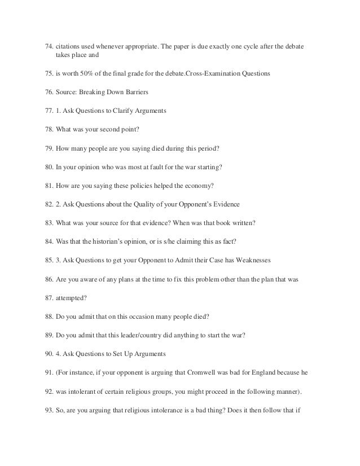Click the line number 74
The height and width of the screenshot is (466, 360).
pyautogui.click(x=49, y=45)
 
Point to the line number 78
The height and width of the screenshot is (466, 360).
pyautogui.click(x=49, y=129)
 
